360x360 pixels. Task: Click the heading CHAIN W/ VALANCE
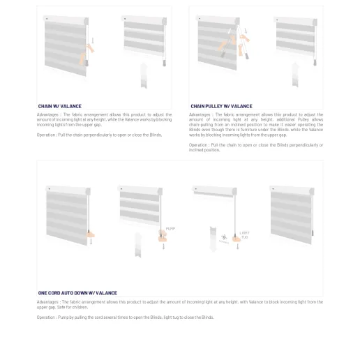pos(59,106)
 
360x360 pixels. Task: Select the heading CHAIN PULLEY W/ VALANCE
pos(221,106)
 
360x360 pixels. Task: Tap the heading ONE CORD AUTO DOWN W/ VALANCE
pos(77,293)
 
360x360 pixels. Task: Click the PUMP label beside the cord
pos(170,229)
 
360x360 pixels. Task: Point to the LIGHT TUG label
pos(244,235)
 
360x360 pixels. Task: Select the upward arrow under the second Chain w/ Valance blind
pos(144,75)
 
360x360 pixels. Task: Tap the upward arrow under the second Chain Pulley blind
pos(295,74)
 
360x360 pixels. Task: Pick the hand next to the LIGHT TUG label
pos(237,239)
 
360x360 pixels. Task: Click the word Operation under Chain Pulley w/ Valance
pos(198,145)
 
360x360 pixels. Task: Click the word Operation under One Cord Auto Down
pos(46,317)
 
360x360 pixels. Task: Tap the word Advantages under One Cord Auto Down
pos(48,302)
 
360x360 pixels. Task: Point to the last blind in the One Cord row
pos(292,213)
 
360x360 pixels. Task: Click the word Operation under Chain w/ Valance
pos(46,135)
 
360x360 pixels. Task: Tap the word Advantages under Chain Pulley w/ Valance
pos(200,114)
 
